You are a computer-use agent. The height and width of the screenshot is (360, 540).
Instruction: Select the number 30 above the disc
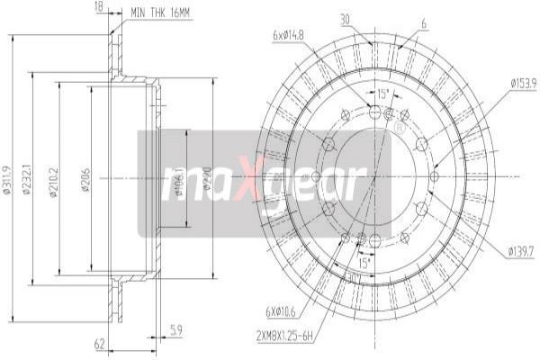345,18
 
